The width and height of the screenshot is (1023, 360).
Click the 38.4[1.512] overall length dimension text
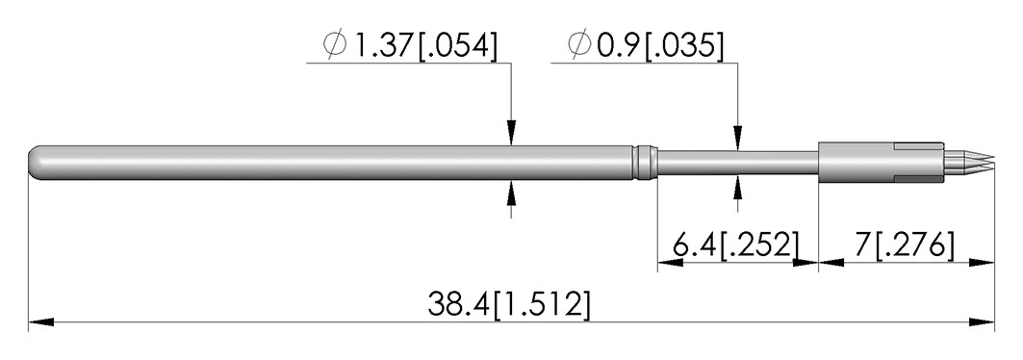509,304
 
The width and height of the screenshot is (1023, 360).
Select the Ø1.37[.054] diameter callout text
410,45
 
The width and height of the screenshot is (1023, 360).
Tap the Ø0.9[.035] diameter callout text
646,45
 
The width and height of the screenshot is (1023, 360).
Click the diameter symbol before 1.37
335,45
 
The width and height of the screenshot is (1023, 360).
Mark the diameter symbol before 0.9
579,45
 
